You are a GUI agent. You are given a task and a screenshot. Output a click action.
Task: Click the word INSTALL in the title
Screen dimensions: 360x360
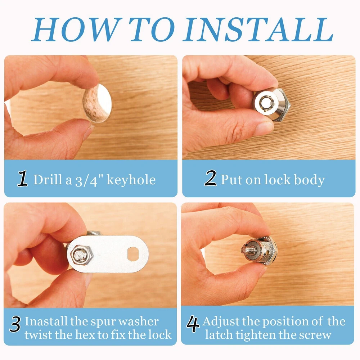[x=258, y=30]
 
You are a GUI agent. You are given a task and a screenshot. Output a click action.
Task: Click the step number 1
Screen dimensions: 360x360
[x=22, y=178]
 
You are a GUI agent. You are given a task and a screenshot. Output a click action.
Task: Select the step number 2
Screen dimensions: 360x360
[x=210, y=178]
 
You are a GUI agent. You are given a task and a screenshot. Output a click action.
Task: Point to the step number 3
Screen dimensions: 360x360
[x=15, y=324]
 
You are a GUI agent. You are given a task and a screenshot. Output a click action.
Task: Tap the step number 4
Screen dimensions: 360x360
[x=193, y=324]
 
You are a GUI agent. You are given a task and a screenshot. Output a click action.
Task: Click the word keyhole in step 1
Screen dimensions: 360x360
[x=131, y=180]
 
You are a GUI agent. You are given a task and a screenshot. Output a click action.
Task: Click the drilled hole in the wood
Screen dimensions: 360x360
[x=97, y=103]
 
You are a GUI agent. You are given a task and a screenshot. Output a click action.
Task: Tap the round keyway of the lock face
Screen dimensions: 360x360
[x=266, y=103]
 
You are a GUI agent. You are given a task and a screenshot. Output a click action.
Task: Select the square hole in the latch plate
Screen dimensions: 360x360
[x=133, y=254]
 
